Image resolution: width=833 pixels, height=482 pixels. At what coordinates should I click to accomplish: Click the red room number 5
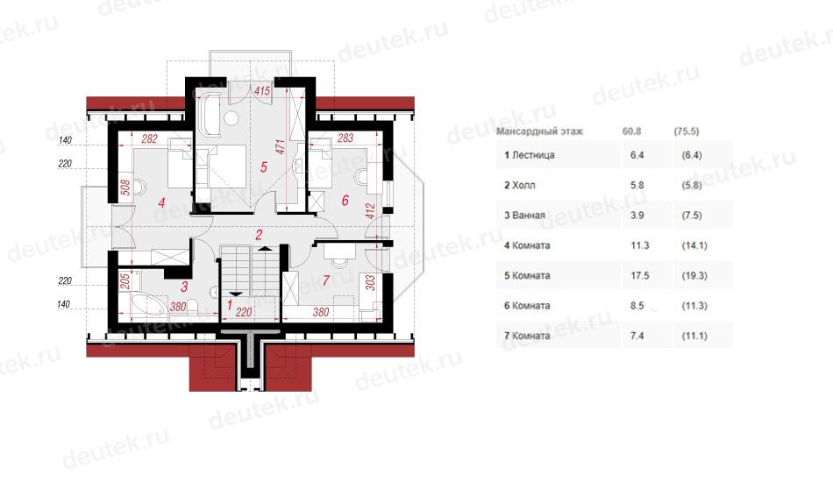click(264, 167)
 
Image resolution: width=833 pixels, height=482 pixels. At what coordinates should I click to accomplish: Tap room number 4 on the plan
click(162, 202)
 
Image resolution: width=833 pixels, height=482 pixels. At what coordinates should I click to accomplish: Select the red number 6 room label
click(345, 200)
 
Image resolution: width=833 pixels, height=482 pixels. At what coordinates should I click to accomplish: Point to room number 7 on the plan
click(325, 280)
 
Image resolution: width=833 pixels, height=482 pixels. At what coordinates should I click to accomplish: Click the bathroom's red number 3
click(184, 287)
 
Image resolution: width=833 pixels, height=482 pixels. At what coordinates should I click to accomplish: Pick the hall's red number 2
click(260, 235)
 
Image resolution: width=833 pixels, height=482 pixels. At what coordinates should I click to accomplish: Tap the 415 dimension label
click(262, 91)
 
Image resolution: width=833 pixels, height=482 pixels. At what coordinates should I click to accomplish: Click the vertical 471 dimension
click(281, 147)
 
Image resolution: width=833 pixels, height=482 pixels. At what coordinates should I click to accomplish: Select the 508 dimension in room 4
click(125, 188)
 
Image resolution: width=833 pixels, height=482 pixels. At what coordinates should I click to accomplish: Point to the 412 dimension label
click(370, 211)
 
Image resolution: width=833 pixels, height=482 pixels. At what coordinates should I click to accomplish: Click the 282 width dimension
click(150, 139)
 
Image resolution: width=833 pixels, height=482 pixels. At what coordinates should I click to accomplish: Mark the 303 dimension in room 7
click(370, 282)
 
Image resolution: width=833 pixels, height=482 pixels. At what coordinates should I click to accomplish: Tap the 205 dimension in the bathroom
click(125, 280)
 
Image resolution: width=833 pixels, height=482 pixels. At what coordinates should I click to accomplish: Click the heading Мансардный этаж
click(539, 131)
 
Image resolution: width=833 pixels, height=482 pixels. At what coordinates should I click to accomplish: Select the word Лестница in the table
click(533, 155)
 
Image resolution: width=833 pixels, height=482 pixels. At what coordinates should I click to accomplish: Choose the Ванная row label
click(524, 215)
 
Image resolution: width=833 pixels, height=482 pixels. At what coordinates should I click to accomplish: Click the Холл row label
click(520, 185)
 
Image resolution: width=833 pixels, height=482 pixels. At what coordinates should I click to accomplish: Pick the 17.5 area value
click(639, 275)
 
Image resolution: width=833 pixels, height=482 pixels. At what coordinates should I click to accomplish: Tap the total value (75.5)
click(686, 131)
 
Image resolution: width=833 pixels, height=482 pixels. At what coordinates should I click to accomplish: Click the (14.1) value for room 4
click(694, 245)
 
